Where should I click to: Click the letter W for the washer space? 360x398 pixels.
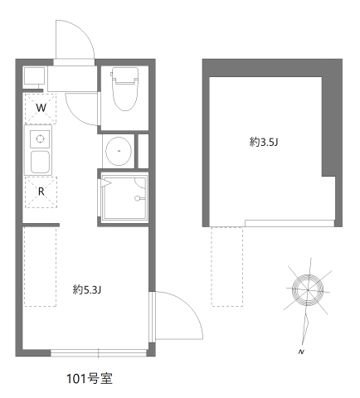pos(41,108)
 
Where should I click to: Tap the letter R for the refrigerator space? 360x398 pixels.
pos(41,192)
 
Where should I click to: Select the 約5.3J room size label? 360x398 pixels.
pos(87,289)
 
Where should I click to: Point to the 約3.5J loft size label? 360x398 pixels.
pos(264,142)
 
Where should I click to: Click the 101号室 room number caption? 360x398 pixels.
pos(90,379)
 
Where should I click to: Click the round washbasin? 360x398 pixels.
pos(119,151)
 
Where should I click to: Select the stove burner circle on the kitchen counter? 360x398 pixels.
pos(41,138)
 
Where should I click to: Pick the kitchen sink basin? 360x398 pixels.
pos(41,162)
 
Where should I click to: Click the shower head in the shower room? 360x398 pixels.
pos(138,198)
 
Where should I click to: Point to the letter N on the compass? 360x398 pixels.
pos(301,352)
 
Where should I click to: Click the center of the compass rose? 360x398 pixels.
pos(308,290)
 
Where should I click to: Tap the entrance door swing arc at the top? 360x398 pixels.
pos(81,31)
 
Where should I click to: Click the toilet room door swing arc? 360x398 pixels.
pos(75,115)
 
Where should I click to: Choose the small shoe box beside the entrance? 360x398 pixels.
pos(34,75)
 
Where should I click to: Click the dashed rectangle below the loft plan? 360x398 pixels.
pos(227,266)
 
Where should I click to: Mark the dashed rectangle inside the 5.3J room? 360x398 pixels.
pos(41,266)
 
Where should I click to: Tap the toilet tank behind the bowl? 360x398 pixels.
pos(125,75)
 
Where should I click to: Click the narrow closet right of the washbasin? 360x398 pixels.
pos(144,151)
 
